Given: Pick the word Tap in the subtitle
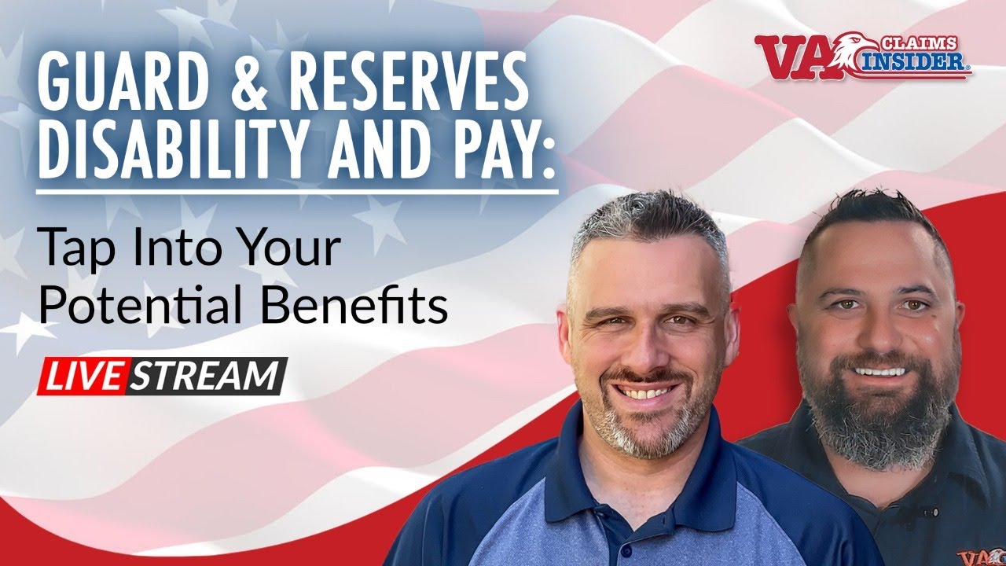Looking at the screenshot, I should click(72, 250).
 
